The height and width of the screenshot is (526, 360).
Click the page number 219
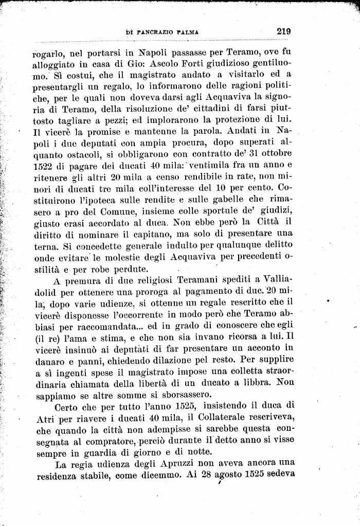point(283,30)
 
